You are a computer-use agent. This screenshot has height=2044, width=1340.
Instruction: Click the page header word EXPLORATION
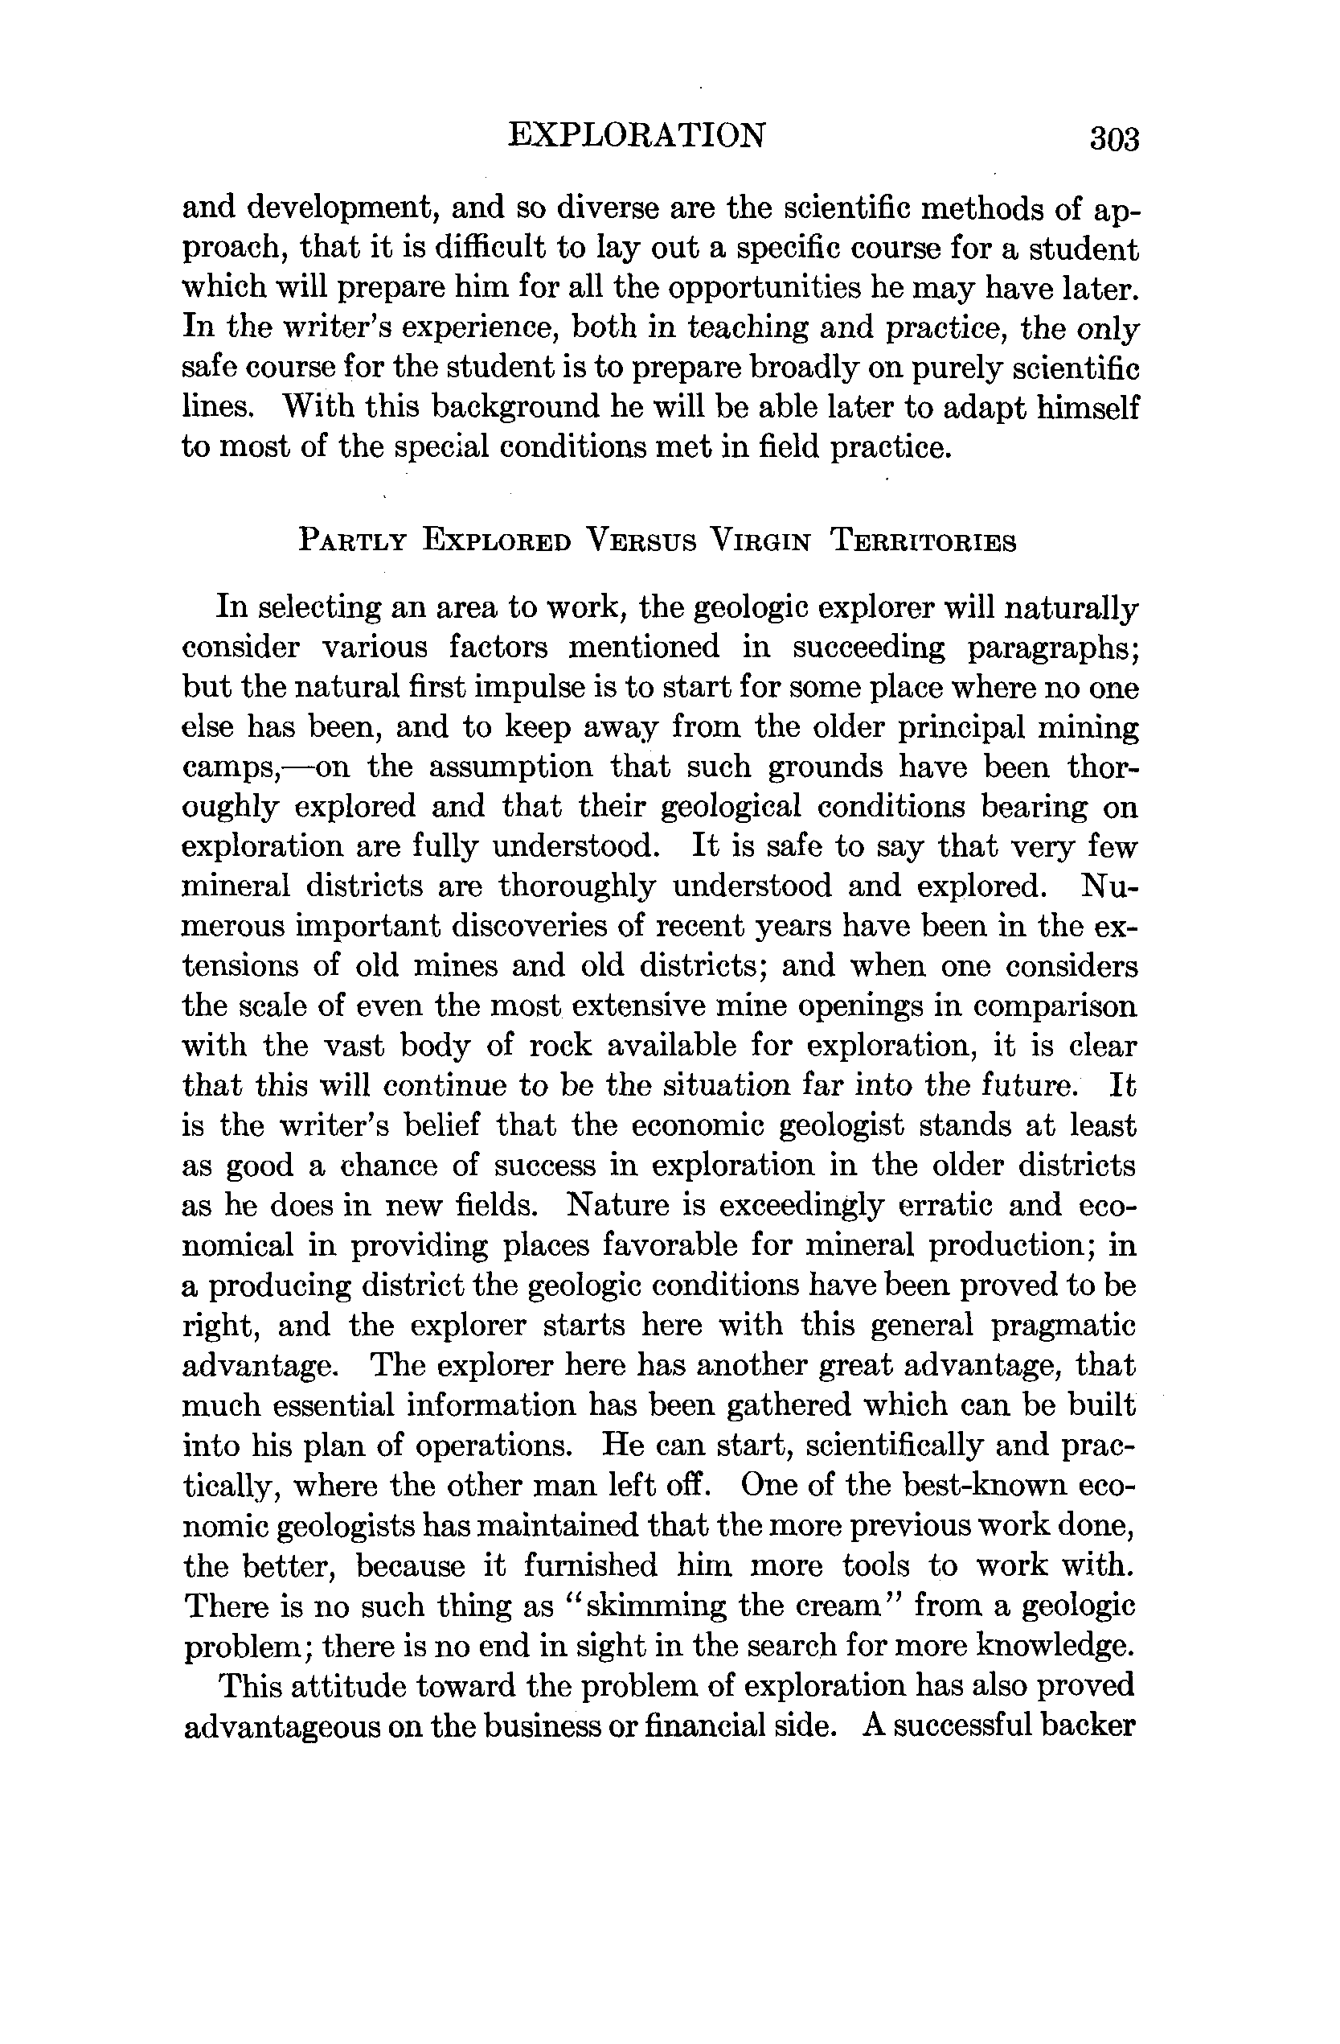636,136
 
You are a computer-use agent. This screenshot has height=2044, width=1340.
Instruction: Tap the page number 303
1113,139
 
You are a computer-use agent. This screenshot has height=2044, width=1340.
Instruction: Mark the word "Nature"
618,1205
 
